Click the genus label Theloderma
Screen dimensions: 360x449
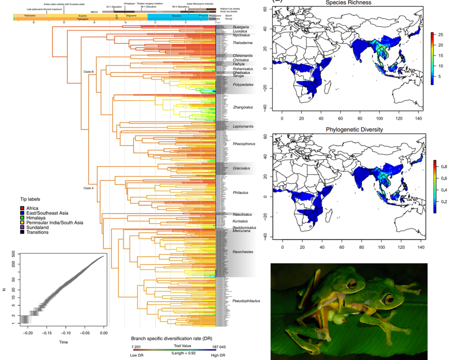[243, 43]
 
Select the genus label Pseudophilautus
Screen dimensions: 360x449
[246, 301]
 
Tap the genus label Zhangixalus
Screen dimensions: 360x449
[243, 107]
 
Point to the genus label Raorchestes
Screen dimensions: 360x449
[243, 252]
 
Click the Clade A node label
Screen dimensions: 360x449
[89, 188]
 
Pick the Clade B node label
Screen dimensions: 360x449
[89, 72]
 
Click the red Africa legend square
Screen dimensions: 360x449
[22, 208]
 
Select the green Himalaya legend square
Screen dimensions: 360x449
[22, 218]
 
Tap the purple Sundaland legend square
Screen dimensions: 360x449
[22, 227]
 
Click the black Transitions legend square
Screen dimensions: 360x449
[22, 232]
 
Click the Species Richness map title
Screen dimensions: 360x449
[348, 3]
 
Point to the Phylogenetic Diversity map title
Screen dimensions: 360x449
[354, 130]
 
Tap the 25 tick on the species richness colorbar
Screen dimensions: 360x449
[441, 35]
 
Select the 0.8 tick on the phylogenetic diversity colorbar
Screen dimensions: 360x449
[444, 167]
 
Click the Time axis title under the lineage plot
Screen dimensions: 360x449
[63, 342]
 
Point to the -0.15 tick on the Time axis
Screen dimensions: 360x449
[47, 333]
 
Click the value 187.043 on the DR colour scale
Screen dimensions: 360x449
[219, 347]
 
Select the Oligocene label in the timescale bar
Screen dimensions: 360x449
[131, 16]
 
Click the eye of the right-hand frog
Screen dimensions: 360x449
[388, 301]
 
